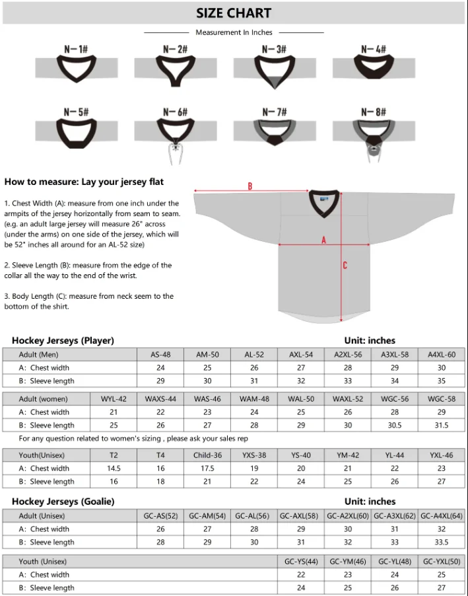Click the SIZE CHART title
coord(234,13)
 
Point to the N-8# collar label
coord(373,112)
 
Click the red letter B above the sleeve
coord(250,186)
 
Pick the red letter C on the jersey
coord(345,266)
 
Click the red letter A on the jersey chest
coord(323,241)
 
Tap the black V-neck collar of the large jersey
coord(324,202)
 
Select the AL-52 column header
coord(254,355)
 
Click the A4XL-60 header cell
coord(442,355)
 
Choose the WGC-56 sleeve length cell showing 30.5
coord(395,426)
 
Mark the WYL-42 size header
coord(114,399)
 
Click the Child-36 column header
coord(207,455)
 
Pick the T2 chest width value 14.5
coord(114,468)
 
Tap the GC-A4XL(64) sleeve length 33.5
coord(442,542)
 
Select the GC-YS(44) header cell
coord(301,562)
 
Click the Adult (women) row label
coord(44,399)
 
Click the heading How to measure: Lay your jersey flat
coord(84,182)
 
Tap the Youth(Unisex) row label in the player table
coord(44,455)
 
